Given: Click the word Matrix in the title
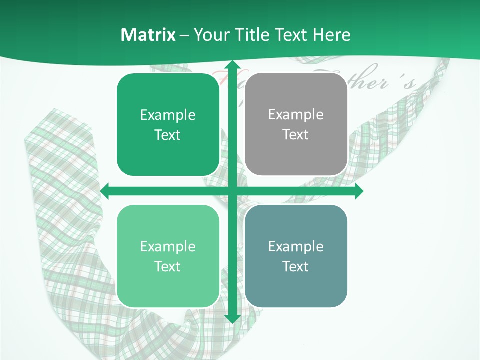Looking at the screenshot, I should [148, 35].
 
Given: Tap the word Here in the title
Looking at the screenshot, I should [331, 35].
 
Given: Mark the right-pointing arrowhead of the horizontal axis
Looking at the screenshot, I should [358, 191].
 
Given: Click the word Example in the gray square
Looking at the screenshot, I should [296, 114].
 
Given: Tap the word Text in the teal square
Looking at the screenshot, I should [296, 266].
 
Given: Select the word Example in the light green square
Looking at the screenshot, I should [168, 246].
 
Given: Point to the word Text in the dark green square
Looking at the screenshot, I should [168, 135].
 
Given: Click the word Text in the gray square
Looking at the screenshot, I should [296, 134].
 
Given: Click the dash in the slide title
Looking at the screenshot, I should [184, 35].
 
